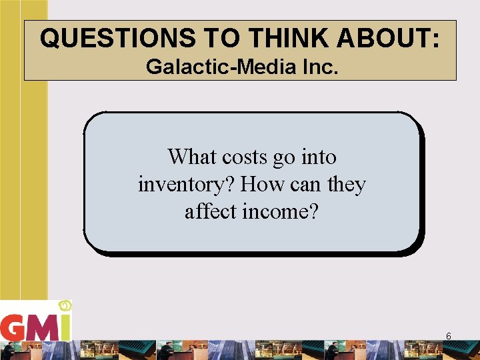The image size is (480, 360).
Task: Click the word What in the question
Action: (x=192, y=157)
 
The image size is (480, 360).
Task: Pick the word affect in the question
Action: (x=209, y=211)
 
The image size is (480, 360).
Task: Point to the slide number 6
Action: (x=449, y=336)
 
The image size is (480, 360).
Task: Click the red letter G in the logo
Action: (x=13, y=327)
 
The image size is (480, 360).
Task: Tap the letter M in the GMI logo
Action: (x=41, y=327)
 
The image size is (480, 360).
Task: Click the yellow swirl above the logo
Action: (x=65, y=306)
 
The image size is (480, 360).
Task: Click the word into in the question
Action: (x=319, y=157)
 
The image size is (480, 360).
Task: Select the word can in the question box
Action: (x=304, y=184)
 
